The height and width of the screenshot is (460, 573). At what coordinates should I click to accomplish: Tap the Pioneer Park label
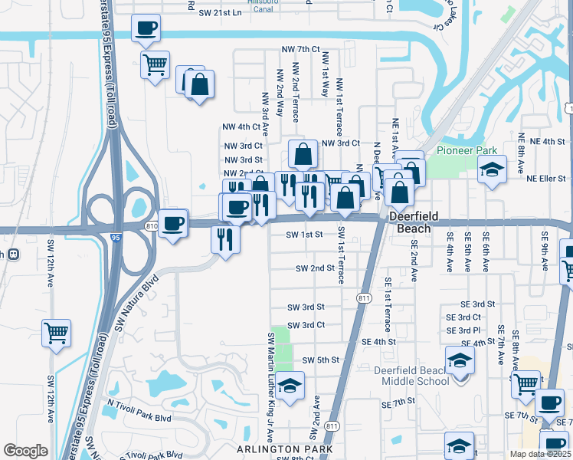467,150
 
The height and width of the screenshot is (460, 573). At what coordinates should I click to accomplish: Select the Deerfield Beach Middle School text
411,376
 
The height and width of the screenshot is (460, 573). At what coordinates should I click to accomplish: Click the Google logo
25,451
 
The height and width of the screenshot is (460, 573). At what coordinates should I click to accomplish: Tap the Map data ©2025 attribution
540,454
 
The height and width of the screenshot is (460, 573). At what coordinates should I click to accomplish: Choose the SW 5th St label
320,360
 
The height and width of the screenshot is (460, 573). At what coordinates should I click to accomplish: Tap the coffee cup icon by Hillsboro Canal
146,30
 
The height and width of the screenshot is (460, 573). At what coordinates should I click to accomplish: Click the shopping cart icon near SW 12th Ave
56,333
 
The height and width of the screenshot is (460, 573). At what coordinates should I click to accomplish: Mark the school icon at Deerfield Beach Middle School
460,360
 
